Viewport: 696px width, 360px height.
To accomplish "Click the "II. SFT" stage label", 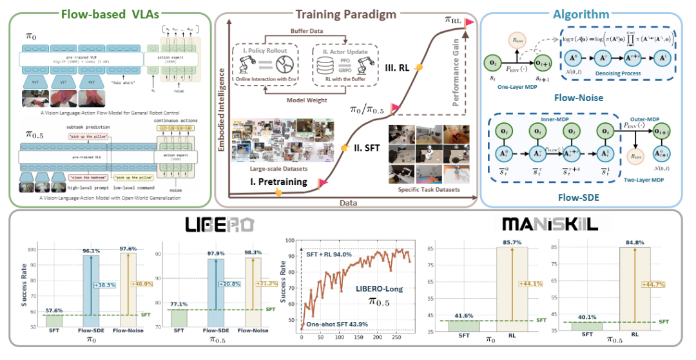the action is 367,147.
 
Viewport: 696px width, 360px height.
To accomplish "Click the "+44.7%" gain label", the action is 652,284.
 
